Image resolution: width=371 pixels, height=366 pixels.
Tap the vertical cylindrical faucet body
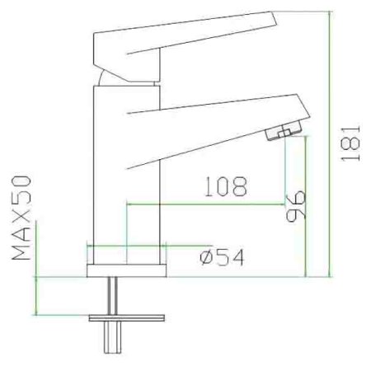128,165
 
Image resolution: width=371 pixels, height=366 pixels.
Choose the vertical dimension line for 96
307,206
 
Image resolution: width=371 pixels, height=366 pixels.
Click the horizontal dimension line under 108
206,204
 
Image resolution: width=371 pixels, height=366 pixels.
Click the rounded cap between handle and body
101,78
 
